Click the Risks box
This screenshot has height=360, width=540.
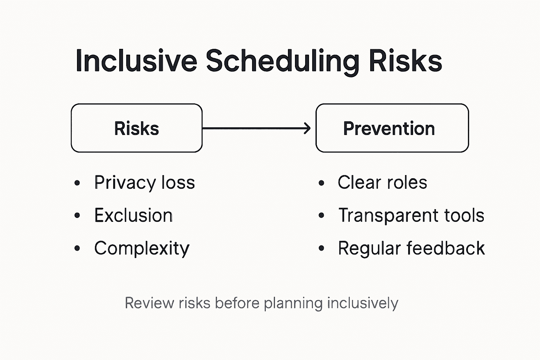(136, 128)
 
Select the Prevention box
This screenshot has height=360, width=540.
(392, 128)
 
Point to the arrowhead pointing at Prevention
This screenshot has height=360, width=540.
(308, 128)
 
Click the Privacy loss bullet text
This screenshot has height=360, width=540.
(144, 182)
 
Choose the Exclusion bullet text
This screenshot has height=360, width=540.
(133, 215)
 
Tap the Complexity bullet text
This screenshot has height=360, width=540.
(142, 248)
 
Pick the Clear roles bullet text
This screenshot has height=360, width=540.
(382, 182)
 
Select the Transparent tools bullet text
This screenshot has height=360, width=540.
(411, 215)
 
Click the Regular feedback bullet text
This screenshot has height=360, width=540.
(411, 248)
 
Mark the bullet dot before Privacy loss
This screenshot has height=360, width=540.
(77, 183)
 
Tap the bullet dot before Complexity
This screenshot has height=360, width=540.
(77, 249)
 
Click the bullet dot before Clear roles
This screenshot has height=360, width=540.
(321, 183)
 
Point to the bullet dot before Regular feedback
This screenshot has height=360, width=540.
(321, 249)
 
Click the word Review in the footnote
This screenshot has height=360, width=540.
(149, 303)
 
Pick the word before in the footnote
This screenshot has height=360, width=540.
(237, 303)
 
